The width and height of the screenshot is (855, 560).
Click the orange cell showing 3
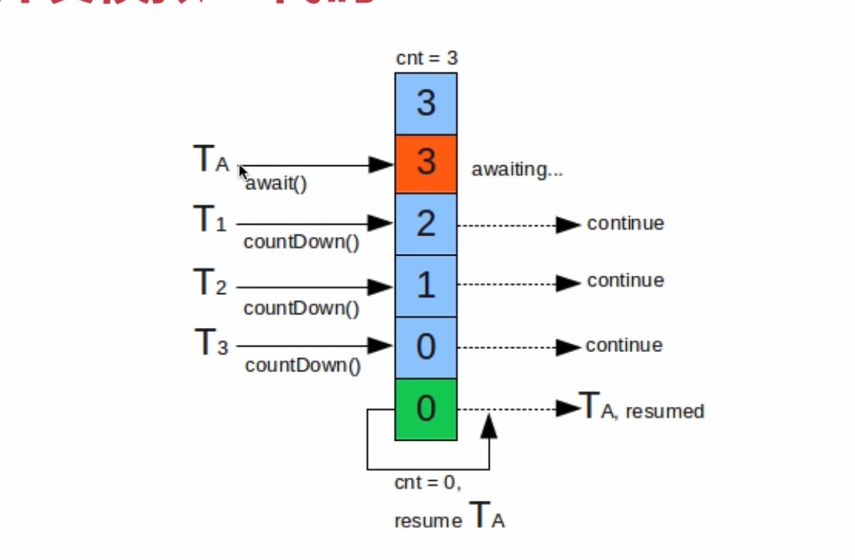point(426,164)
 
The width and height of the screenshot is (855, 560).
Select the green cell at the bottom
point(426,409)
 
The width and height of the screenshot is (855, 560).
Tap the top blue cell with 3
point(426,104)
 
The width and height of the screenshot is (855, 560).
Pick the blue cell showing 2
point(426,224)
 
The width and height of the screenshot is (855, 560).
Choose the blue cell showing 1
point(426,286)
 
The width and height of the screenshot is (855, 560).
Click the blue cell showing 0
point(426,347)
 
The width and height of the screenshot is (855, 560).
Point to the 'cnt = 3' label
point(426,58)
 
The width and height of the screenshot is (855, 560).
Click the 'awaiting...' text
point(516,170)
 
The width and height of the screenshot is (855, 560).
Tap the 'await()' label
point(277,184)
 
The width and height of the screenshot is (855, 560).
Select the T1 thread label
point(209,221)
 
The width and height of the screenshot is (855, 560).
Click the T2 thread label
point(209,283)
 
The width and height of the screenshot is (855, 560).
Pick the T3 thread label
point(210,343)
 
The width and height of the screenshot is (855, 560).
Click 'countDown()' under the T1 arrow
point(301,242)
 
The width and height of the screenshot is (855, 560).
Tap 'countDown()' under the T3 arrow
point(302,365)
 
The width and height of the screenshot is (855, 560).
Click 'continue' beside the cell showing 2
point(625,224)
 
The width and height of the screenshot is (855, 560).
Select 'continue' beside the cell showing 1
point(625,280)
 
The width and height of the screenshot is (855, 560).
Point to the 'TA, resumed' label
point(642,408)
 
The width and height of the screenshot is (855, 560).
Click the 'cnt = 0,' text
point(427,483)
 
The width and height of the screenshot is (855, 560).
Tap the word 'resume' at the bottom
point(427,521)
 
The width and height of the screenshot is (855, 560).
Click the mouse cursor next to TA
point(243,172)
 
